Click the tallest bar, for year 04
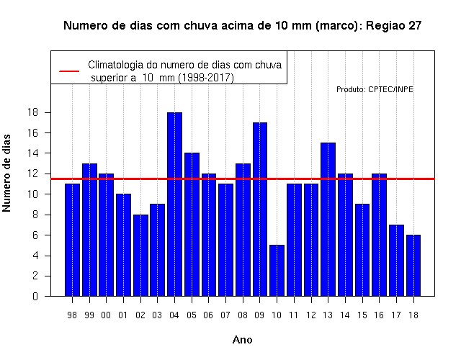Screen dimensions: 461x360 [174, 204]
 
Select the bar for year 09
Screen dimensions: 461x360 [260, 210]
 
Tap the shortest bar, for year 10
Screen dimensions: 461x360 [277, 271]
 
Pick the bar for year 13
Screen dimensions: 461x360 [328, 219]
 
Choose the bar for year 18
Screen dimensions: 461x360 [413, 266]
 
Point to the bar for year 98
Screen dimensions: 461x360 [72, 240]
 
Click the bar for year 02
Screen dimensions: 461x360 [141, 256]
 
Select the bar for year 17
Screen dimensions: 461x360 [396, 261]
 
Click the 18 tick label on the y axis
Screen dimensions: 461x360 [33, 112]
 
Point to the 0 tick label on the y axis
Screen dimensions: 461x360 [35, 296]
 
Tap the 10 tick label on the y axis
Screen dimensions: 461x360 [33, 194]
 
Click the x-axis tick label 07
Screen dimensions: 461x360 [225, 315]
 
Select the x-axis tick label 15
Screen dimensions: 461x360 [362, 315]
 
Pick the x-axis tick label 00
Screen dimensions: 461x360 [106, 315]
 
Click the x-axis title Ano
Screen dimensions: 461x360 [243, 340]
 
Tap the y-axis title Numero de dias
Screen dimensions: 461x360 [6, 174]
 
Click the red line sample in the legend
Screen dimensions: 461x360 [69, 71]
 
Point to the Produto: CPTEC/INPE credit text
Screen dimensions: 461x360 [375, 89]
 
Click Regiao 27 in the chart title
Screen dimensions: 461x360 [394, 26]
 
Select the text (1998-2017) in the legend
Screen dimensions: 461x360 [206, 78]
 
